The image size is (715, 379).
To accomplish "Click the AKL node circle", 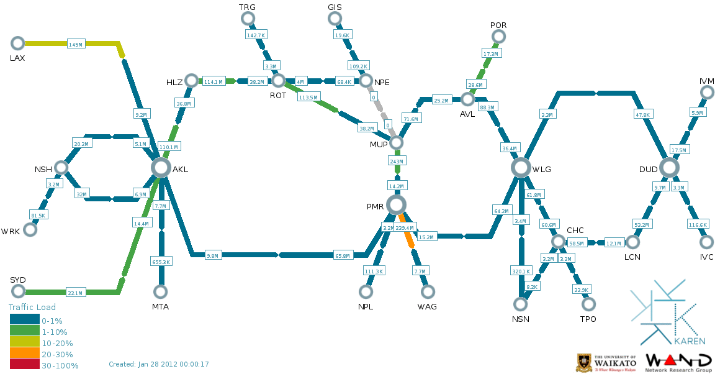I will (x=161, y=167).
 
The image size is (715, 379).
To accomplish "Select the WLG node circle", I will (x=521, y=167).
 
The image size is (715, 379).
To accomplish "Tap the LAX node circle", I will (x=17, y=43).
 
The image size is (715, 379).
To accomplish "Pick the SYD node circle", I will (x=17, y=291).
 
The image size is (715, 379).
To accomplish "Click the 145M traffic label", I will (x=76, y=44).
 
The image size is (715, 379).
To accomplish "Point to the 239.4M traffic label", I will (x=405, y=229).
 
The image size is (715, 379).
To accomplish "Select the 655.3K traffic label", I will (x=161, y=262).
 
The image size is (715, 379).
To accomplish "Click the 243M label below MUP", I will (x=397, y=161).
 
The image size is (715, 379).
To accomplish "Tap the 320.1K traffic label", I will (x=521, y=272).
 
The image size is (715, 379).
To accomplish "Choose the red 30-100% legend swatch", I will (x=24, y=365).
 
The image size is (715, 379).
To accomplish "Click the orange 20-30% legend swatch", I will (x=24, y=354).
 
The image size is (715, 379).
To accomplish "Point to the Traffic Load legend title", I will (x=32, y=307).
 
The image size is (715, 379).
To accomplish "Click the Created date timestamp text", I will (x=159, y=364).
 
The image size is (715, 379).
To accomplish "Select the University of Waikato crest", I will (x=584, y=363).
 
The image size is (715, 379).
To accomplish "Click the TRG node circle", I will (x=248, y=19).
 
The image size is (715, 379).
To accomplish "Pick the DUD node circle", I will (x=668, y=167).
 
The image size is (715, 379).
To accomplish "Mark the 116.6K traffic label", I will (x=698, y=224).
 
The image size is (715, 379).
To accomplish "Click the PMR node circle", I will (x=395, y=204).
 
